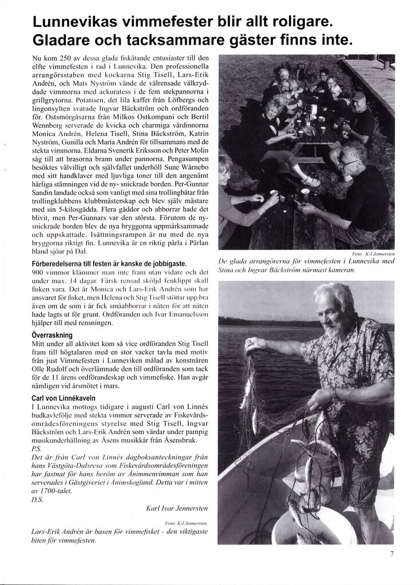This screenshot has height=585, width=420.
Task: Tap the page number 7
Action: (x=392, y=553)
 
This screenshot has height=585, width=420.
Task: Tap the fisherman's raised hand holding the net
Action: (x=252, y=345)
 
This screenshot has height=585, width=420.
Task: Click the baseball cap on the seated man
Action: (x=359, y=96)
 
